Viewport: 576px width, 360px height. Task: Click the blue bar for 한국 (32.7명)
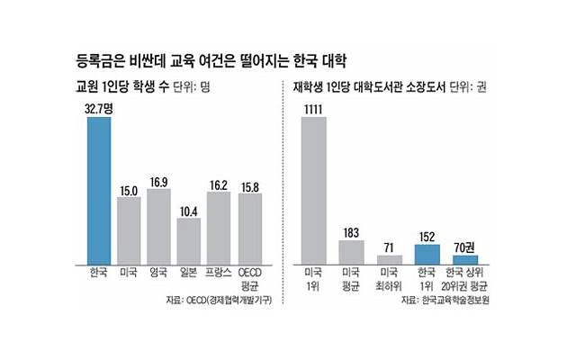(x=98, y=188)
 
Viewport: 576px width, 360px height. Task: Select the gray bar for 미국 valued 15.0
(x=129, y=228)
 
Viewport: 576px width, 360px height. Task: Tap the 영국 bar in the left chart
(x=158, y=224)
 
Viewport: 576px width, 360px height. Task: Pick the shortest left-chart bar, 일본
(x=188, y=238)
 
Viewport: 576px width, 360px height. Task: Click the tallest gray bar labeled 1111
(x=314, y=188)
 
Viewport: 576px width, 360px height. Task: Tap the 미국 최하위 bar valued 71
(x=390, y=258)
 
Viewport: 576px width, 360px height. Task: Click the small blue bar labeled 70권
(x=465, y=258)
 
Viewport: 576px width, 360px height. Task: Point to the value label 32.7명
(x=98, y=108)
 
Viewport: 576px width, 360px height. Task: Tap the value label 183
(x=352, y=231)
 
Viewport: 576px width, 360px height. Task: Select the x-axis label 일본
(x=188, y=271)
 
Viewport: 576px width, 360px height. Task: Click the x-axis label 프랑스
(x=219, y=271)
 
